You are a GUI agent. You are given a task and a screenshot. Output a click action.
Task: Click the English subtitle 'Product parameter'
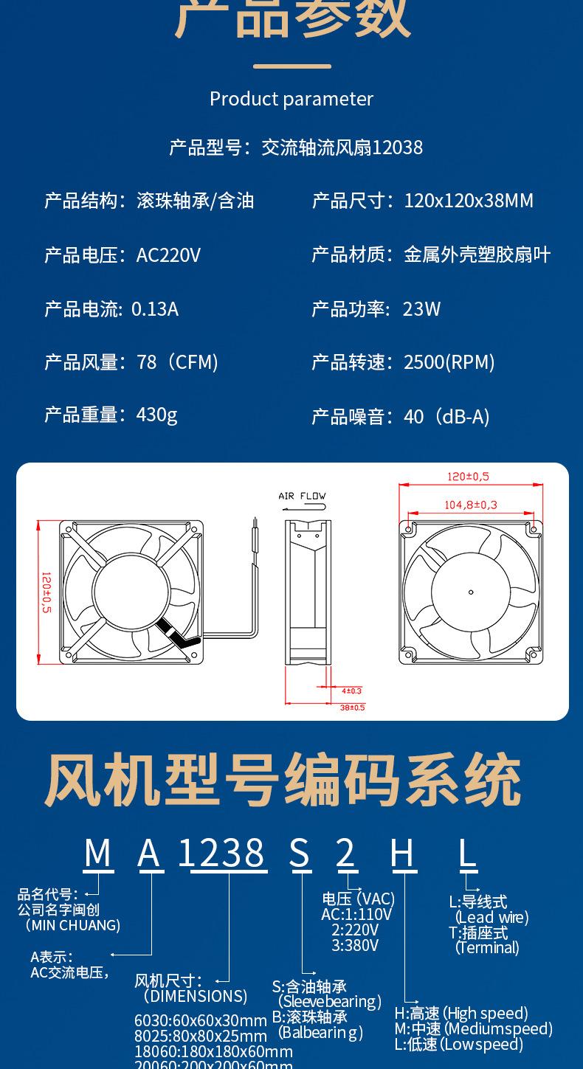[x=291, y=99]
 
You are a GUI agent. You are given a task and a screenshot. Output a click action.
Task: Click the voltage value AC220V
[x=168, y=255]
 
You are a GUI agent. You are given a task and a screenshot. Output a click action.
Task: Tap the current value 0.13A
[x=155, y=308]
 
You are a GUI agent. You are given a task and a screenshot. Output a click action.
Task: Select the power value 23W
[x=421, y=308]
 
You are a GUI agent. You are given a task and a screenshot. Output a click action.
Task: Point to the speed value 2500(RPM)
[x=449, y=362]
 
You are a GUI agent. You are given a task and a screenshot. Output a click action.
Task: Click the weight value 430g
[x=156, y=415]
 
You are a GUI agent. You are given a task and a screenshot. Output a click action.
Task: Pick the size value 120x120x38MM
[x=469, y=201]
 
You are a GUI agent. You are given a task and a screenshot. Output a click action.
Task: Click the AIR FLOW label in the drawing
[x=302, y=496]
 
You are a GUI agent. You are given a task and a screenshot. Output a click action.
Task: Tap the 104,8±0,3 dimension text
[x=471, y=505]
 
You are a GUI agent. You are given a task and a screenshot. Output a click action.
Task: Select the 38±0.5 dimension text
[x=352, y=708]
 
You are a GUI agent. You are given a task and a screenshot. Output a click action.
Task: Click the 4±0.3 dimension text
[x=352, y=691]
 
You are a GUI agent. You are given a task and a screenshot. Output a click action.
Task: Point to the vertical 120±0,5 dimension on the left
[x=46, y=592]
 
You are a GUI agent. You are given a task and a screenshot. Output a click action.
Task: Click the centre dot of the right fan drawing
[x=471, y=592]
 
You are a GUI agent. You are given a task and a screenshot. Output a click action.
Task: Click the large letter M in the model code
[x=97, y=853]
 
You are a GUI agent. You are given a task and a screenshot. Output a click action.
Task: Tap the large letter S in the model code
[x=299, y=853]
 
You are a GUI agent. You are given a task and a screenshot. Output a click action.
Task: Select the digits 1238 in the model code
[x=221, y=853]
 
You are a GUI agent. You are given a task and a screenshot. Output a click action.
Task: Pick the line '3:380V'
[x=355, y=945]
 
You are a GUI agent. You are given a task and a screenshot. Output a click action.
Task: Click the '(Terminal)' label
[x=487, y=948]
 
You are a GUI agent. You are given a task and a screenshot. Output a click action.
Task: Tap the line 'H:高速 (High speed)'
[x=461, y=1013]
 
